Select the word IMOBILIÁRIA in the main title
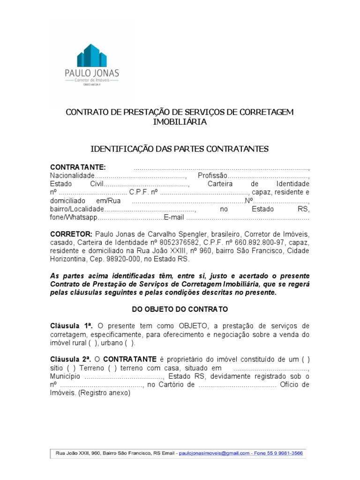point(180,122)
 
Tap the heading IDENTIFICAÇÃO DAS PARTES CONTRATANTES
point(180,149)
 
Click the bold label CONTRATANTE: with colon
point(78,168)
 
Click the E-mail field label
point(174,218)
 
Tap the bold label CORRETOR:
point(71,234)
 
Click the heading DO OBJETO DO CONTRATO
point(180,309)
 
